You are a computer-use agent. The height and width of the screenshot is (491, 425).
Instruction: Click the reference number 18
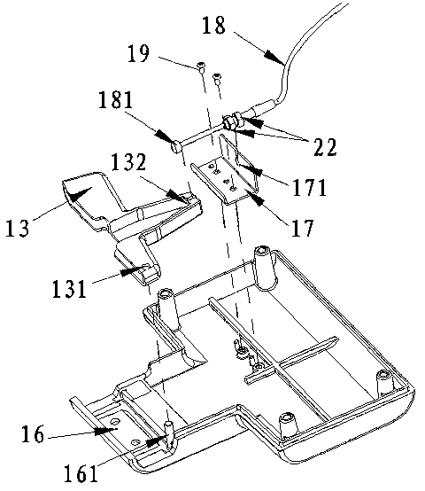click(213, 26)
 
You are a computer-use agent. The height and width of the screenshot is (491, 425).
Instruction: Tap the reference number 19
click(138, 53)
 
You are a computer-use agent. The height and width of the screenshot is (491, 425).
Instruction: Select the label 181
click(116, 100)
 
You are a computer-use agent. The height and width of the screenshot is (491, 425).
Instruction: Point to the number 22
click(325, 147)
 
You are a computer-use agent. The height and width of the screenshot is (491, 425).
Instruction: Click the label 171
click(309, 187)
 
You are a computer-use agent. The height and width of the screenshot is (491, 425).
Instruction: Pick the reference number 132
click(128, 162)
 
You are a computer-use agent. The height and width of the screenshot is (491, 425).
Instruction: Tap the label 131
click(69, 288)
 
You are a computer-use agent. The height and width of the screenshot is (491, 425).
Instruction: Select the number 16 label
click(33, 434)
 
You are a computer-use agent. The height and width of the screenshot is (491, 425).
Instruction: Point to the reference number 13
click(18, 228)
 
